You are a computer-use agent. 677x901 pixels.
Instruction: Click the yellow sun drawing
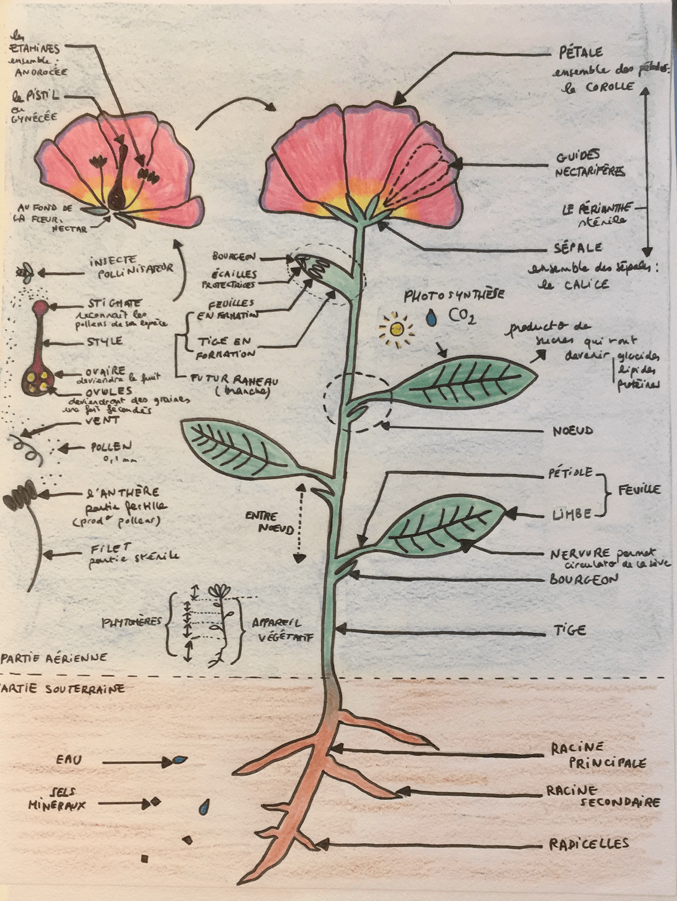[x=396, y=329]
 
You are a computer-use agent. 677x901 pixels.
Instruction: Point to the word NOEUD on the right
[x=572, y=431]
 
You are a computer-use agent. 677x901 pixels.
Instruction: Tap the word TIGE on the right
[x=570, y=630]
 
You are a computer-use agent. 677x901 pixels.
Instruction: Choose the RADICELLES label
[x=589, y=844]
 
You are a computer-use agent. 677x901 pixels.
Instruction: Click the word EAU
[x=69, y=760]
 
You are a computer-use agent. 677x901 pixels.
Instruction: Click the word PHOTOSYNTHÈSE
[x=453, y=295]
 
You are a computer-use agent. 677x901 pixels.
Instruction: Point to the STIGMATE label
[x=115, y=303]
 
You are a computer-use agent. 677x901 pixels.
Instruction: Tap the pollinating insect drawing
[x=25, y=272]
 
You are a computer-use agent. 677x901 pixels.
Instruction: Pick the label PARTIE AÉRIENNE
[x=55, y=658]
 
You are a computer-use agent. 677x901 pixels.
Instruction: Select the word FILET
[x=110, y=548]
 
